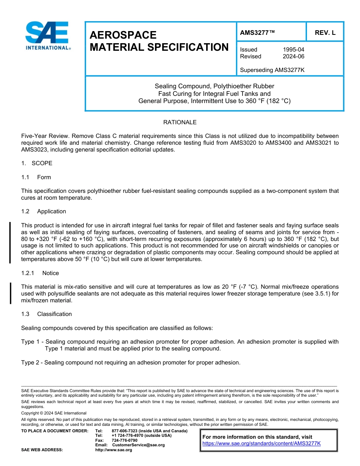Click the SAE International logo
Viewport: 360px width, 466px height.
click(x=47, y=36)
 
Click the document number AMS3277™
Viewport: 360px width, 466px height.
click(x=257, y=33)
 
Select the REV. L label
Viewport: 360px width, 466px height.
click(x=325, y=33)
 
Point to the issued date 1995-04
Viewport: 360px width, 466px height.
click(x=293, y=50)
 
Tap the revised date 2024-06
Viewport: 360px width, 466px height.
click(x=293, y=56)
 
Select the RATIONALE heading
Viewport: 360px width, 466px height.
click(x=180, y=122)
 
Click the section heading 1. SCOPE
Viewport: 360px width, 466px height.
click(x=37, y=163)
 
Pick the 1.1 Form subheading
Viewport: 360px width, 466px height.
click(x=36, y=177)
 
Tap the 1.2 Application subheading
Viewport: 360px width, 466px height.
click(x=44, y=211)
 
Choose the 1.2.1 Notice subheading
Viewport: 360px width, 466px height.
click(x=40, y=273)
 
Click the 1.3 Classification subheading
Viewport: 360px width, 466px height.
click(x=47, y=314)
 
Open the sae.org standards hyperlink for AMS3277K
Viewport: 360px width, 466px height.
click(x=261, y=443)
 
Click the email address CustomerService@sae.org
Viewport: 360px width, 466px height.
click(x=138, y=445)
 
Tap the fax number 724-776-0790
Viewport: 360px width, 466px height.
click(x=125, y=440)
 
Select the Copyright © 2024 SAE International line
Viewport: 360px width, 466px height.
click(x=54, y=413)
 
